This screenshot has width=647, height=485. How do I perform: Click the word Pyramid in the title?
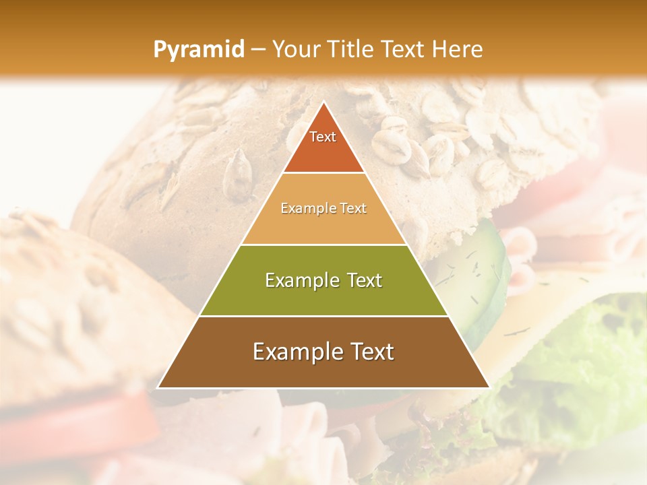(198, 49)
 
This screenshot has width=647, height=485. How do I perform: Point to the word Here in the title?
(458, 49)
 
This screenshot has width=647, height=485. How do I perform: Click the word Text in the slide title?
(404, 49)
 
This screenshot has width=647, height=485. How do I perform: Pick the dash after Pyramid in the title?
(257, 50)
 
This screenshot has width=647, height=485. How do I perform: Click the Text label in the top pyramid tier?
(323, 137)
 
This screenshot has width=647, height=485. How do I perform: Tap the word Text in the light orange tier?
(352, 209)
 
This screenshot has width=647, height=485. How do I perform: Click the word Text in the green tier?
(365, 281)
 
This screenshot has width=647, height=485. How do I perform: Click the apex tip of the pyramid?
(323, 102)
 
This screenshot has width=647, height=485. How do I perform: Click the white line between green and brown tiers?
(323, 316)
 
